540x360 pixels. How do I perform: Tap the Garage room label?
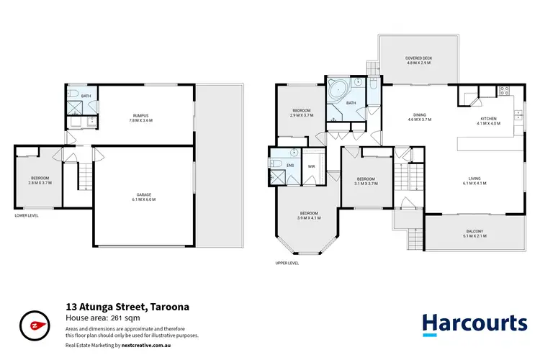(x=145, y=194)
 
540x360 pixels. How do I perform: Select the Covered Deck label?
(x=418, y=58)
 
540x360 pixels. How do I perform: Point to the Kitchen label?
(x=488, y=119)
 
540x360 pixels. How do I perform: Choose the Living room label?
(x=476, y=179)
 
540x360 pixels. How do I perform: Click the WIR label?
(x=311, y=166)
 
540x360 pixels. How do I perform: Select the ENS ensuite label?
(x=289, y=166)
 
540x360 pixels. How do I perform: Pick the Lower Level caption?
(x=27, y=215)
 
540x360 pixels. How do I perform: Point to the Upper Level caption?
(x=287, y=264)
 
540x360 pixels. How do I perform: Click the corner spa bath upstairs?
(x=336, y=92)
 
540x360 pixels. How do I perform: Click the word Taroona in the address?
(x=170, y=307)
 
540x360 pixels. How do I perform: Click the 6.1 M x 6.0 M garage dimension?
(x=145, y=199)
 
